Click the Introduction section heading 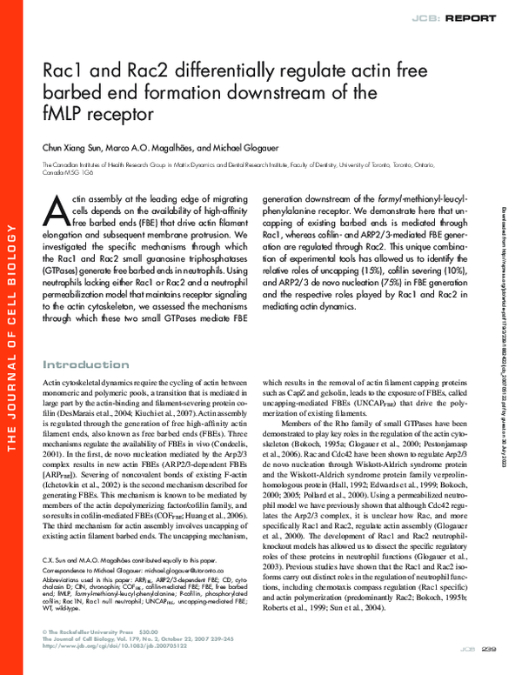pyautogui.click(x=85, y=364)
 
